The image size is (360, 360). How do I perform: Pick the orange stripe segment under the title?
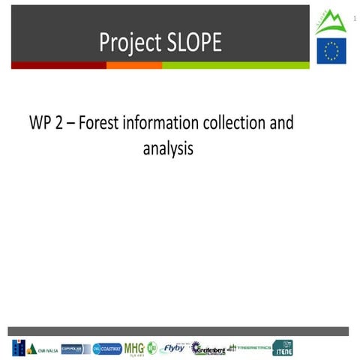134,66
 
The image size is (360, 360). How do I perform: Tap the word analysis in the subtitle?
168,148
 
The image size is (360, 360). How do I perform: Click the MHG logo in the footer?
135,348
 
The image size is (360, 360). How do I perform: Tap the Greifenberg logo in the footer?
208,348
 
